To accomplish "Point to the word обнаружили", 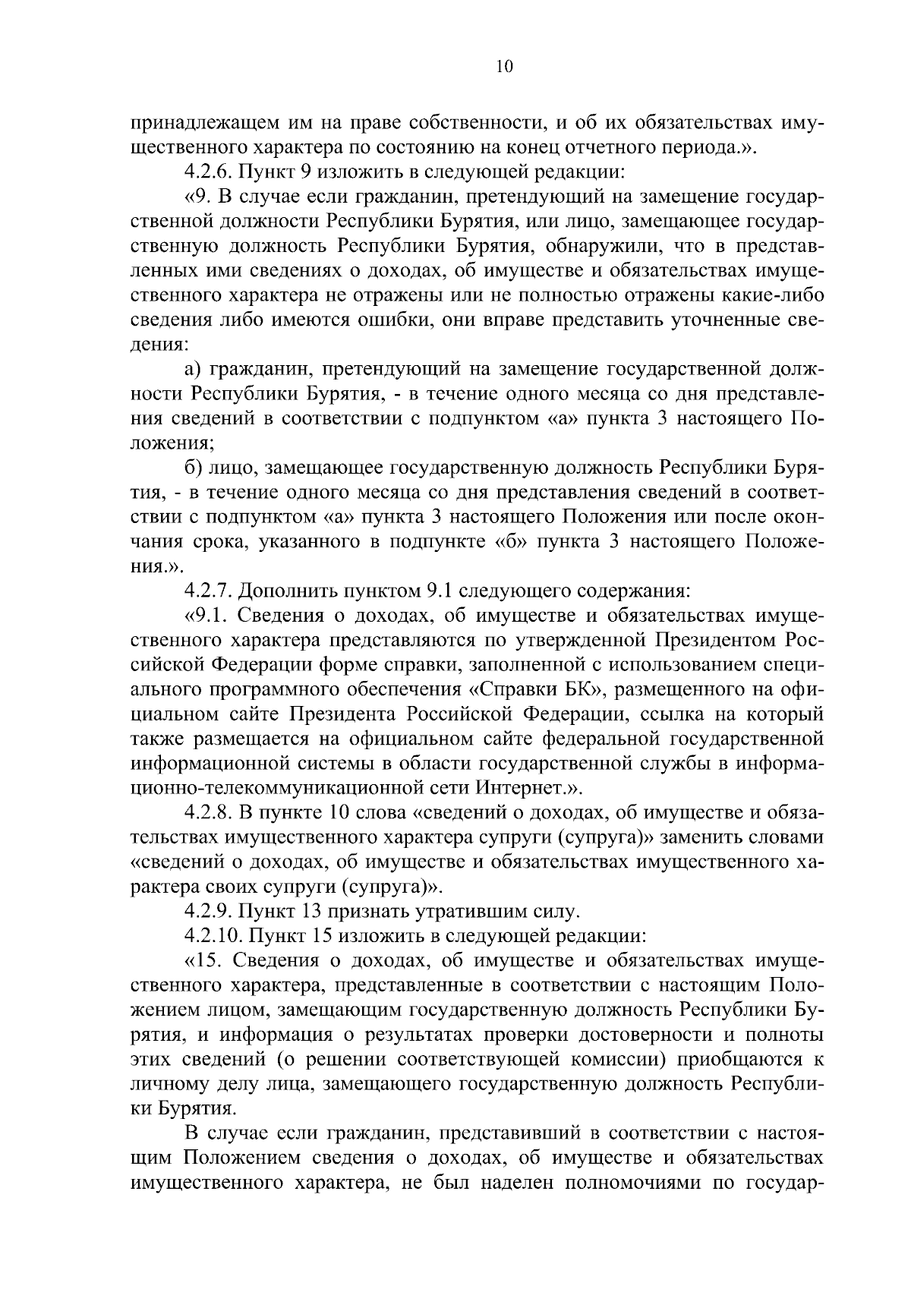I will click(x=599, y=247).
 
